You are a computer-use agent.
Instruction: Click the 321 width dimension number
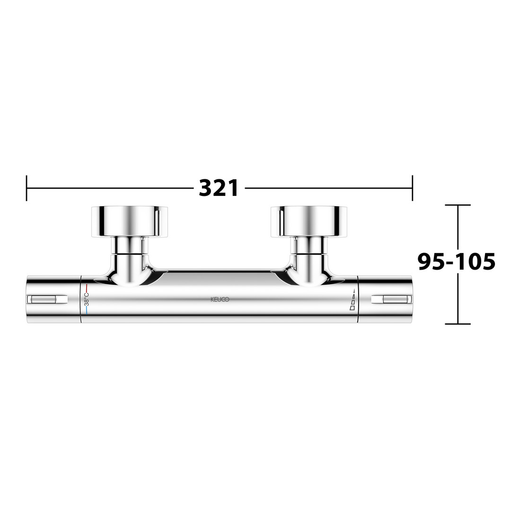tap(219, 188)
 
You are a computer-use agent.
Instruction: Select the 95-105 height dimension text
tap(457, 262)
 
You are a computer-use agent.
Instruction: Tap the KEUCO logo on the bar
tap(220, 300)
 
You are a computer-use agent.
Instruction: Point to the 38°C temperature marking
tap(87, 299)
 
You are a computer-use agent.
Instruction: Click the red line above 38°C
tap(87, 288)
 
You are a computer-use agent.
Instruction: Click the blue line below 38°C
tap(87, 310)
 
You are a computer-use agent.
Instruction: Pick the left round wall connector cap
tap(130, 221)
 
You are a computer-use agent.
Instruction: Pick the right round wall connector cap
tap(309, 221)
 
